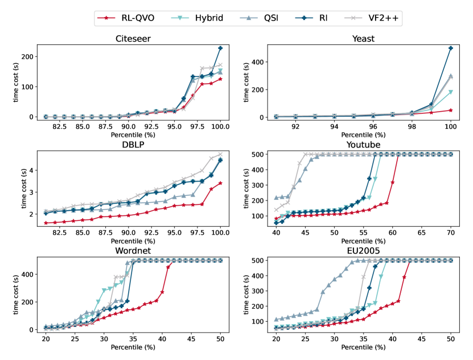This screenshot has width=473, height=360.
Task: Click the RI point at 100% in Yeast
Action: pyautogui.click(x=451, y=48)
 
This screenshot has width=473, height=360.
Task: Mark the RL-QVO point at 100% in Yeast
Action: pyautogui.click(x=451, y=110)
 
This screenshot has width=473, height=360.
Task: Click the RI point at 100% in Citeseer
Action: pyautogui.click(x=220, y=48)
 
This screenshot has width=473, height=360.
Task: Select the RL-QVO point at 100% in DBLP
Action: pyautogui.click(x=220, y=183)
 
